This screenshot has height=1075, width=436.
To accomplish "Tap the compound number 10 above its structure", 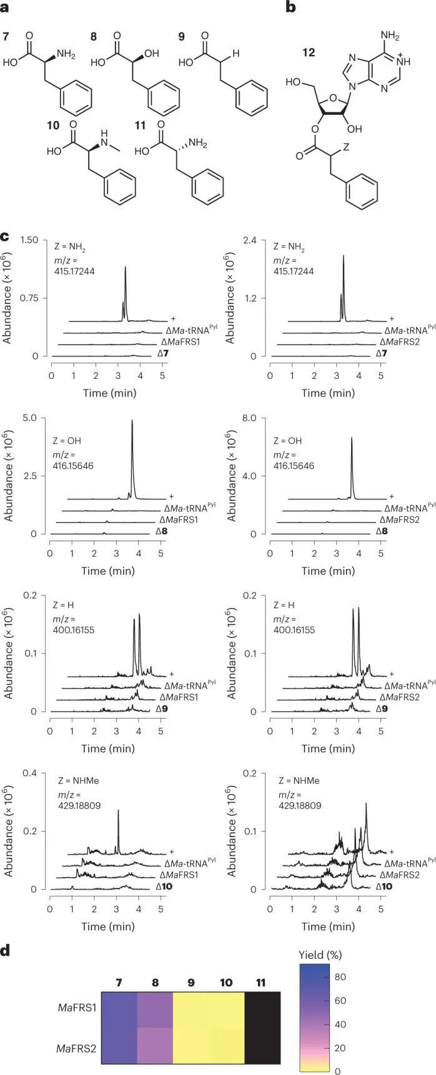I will click(x=53, y=125).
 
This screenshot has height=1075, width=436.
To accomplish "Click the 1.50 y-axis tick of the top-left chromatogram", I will click(x=30, y=240).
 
